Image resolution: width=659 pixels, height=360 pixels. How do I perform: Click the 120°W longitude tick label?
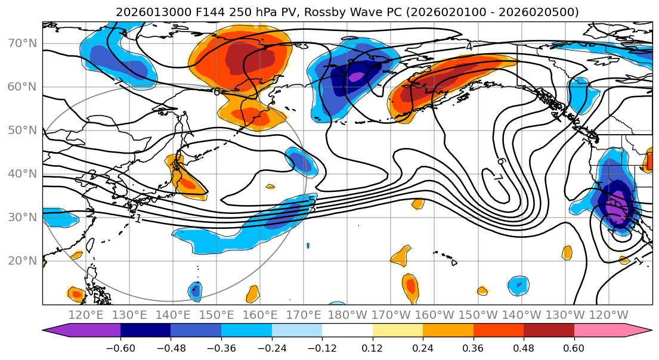(x=608, y=315)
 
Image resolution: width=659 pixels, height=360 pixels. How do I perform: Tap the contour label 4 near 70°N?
(x=469, y=46)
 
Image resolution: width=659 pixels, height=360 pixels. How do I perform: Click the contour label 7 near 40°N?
(x=497, y=178)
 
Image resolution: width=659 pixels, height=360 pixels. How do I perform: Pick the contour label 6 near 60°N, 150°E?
(x=216, y=92)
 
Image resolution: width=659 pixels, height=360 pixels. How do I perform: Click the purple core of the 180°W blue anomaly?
(x=356, y=77)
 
